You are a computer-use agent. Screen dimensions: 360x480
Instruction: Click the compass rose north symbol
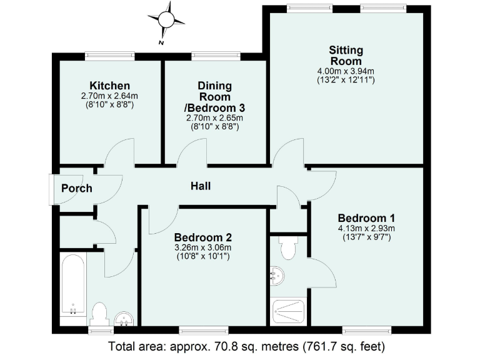coord(166,21)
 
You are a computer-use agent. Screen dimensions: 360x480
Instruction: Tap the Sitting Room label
coord(346,56)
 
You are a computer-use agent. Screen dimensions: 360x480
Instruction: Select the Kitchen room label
coord(109,86)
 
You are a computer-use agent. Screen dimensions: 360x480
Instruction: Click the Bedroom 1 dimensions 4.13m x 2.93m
coord(366,228)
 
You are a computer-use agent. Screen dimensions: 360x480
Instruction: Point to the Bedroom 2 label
coord(203,237)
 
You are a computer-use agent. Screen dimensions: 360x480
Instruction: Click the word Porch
coord(77,188)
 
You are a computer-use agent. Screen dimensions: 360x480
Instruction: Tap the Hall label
coord(201,186)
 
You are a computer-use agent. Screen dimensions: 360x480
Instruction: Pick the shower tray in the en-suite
coord(289,311)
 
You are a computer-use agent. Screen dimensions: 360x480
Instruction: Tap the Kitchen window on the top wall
coord(110,56)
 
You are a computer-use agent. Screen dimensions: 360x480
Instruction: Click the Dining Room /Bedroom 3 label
coord(215,97)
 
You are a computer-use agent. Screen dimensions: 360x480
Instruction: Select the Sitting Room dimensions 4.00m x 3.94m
coord(346,71)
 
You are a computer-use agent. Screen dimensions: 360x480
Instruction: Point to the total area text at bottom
coord(246,346)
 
